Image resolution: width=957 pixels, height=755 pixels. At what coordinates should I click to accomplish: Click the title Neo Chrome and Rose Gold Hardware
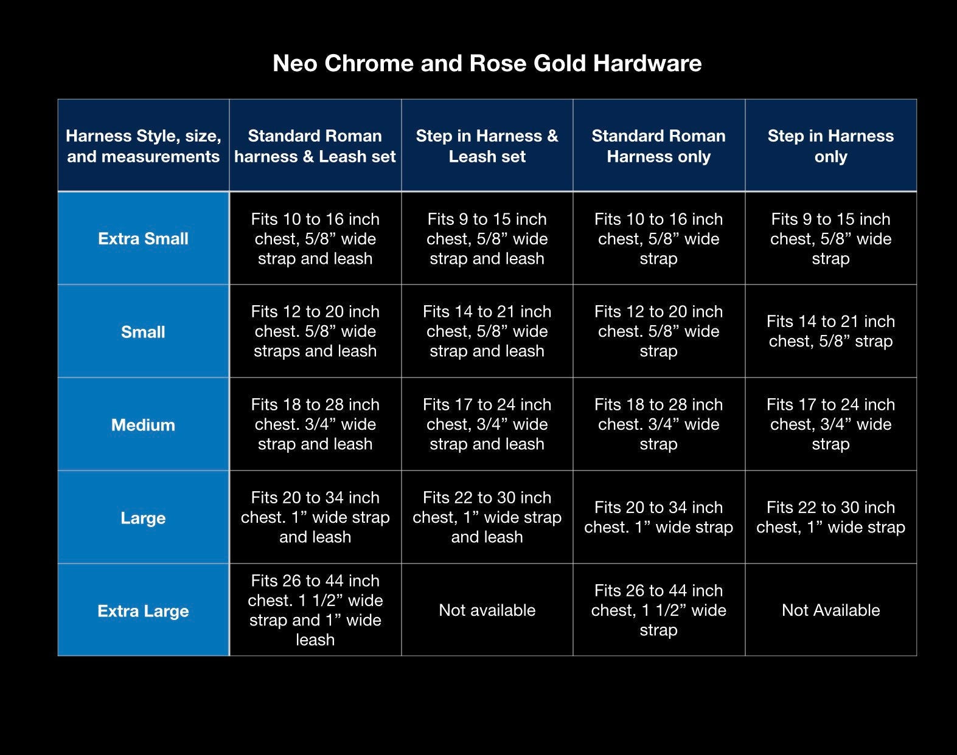[487, 63]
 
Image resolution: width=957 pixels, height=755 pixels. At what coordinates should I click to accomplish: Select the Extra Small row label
[143, 239]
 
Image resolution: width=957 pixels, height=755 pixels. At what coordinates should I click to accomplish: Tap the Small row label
[143, 331]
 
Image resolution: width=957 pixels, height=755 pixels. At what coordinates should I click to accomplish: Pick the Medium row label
[143, 425]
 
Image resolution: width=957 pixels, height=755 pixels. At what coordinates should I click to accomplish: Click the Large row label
[143, 518]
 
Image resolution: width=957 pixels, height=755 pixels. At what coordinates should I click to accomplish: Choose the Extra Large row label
[143, 611]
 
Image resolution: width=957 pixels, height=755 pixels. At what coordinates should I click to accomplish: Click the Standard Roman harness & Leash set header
[315, 146]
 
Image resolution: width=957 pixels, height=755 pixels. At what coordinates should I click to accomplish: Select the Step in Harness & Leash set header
[487, 146]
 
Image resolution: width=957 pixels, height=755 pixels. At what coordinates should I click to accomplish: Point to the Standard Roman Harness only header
[659, 146]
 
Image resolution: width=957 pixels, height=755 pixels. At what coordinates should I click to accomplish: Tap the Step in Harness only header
[830, 146]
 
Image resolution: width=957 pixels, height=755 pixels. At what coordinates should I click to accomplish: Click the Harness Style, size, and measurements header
[143, 146]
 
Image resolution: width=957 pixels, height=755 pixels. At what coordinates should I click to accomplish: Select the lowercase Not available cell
[487, 610]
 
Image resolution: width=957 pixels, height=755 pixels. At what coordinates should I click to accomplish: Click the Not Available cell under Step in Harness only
[830, 610]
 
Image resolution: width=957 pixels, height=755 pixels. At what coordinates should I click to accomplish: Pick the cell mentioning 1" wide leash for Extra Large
[315, 610]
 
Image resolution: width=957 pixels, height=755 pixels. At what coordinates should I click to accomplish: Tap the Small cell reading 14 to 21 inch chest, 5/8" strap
[830, 331]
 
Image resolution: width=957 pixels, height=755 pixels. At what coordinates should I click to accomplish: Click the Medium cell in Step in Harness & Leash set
[487, 424]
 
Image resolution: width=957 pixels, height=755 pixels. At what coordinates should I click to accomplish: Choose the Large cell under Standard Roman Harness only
[659, 517]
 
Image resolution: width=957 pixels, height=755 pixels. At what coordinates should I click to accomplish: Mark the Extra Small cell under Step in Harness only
[830, 239]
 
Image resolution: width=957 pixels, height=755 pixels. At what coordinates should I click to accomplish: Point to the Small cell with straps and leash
[315, 331]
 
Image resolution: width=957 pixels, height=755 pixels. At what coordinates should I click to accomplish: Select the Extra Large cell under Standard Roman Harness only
[659, 610]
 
